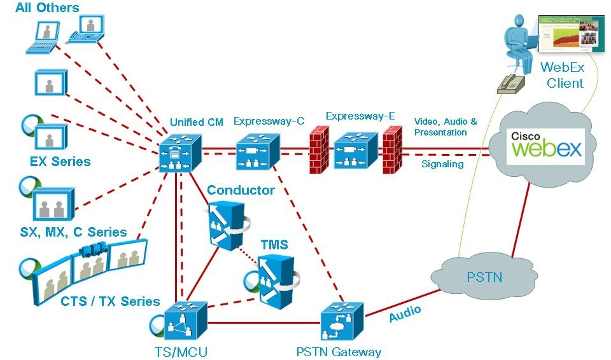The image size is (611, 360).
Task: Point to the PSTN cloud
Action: click(x=479, y=277)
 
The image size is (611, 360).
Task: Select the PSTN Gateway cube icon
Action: click(x=341, y=323)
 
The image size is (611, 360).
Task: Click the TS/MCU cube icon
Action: click(x=184, y=323)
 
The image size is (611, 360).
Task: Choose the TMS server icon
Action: click(x=276, y=277)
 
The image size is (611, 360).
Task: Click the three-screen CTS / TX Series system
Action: click(x=89, y=267)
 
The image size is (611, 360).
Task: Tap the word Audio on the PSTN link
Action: click(x=405, y=314)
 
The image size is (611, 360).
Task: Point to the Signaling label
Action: click(x=442, y=164)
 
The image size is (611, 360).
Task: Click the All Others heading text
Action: click(x=48, y=8)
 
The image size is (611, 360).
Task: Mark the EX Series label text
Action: click(x=60, y=162)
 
